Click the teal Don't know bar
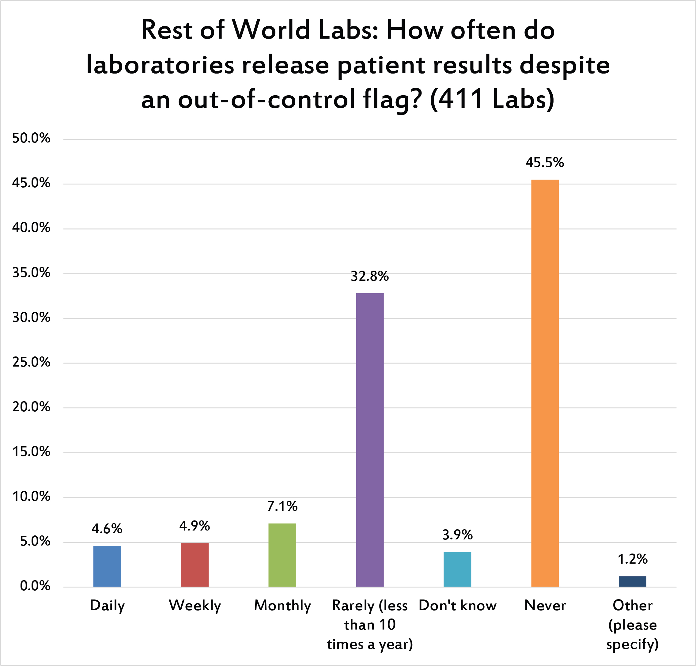(457, 569)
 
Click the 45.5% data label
(544, 163)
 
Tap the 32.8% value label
(369, 276)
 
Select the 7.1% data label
(282, 506)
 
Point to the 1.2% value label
(633, 559)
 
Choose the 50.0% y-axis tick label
(31, 138)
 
